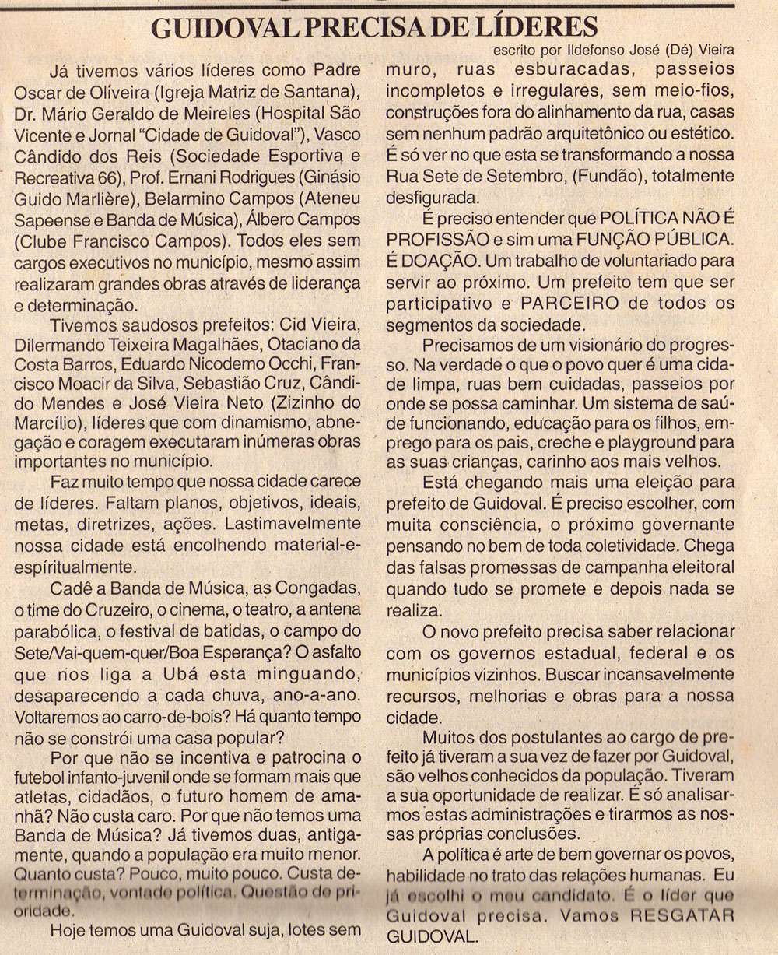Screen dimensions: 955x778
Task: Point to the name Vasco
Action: click(335, 129)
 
